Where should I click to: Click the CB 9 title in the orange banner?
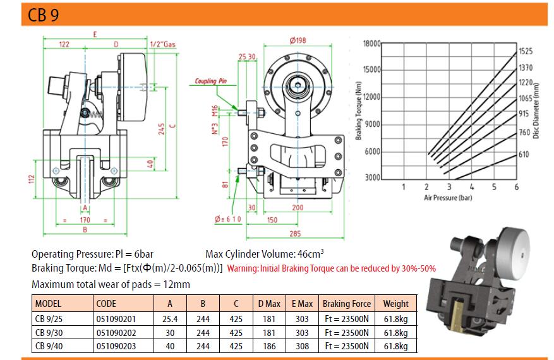(43, 15)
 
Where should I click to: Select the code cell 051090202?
(116, 333)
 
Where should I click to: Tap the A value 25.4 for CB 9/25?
(170, 319)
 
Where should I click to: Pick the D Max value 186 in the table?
(269, 346)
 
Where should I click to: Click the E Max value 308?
(302, 346)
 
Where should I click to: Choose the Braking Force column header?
(347, 304)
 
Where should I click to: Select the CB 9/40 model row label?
(49, 346)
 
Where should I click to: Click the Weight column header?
(395, 304)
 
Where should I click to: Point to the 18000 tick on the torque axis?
(371, 44)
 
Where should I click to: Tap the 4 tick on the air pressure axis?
(472, 186)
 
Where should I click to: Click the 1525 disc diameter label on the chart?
(526, 51)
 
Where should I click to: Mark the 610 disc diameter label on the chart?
(524, 154)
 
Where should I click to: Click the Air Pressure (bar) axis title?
(448, 198)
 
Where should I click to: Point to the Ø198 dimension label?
(298, 40)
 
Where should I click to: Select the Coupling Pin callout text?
(211, 81)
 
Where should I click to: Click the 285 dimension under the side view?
(295, 233)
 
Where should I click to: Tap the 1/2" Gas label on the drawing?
(162, 44)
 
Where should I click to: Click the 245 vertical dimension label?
(162, 129)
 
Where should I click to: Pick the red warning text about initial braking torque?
(332, 268)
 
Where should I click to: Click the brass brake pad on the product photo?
(458, 316)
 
